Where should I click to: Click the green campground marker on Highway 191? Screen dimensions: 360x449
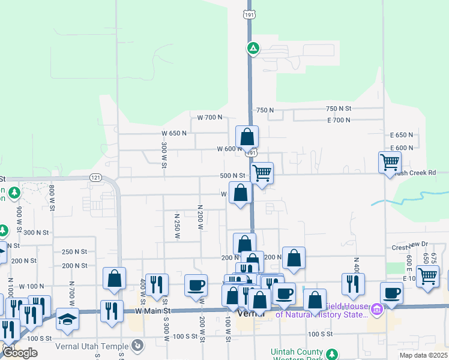[253, 48]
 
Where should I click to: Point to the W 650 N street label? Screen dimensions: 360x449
[175, 133]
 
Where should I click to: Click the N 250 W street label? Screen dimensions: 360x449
[177, 226]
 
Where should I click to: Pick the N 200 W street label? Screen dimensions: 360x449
[200, 217]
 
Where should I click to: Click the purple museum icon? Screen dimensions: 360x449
[377, 310]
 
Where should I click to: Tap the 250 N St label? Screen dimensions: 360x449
[74, 251]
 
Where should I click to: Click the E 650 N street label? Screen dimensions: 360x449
[402, 135]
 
